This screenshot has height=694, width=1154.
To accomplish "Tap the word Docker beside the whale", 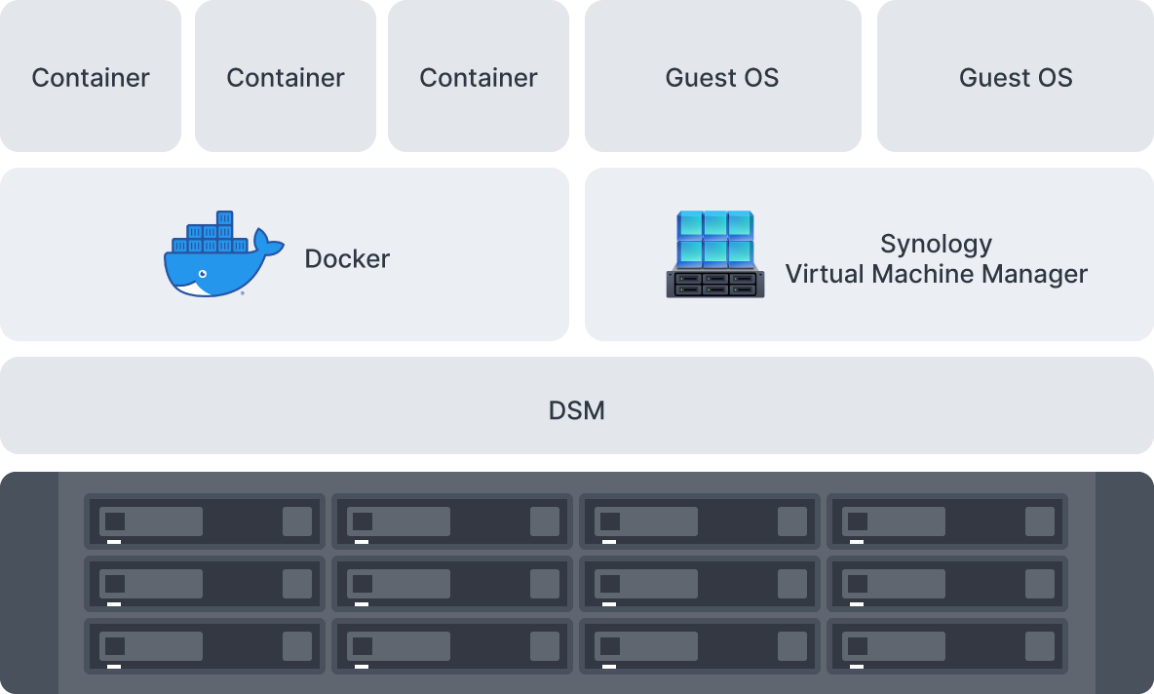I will point(347,259).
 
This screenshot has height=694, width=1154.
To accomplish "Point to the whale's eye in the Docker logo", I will point(201,274).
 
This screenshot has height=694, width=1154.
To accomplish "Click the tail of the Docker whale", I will point(266,242).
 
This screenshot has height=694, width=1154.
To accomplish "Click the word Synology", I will point(936,244).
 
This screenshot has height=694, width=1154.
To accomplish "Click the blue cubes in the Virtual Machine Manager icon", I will point(715,238).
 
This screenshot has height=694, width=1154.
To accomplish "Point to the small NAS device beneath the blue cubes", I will point(715,284).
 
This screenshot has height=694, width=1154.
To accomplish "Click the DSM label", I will point(576,410).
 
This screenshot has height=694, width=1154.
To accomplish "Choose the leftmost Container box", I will point(91,77).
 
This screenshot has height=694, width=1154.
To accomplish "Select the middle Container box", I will point(286,77).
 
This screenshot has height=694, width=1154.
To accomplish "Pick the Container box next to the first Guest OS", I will point(479,77).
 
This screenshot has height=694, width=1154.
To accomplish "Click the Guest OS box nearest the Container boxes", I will point(722,77).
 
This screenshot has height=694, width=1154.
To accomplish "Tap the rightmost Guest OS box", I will point(1016,77).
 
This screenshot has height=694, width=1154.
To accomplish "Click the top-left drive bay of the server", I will point(205,522).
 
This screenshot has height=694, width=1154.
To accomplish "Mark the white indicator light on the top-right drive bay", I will point(857,542).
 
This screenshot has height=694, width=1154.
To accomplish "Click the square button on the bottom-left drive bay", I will point(297,646).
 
